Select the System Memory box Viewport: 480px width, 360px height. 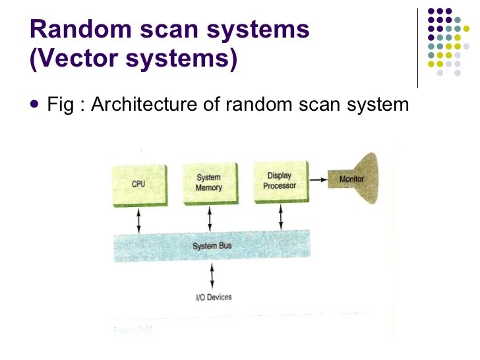(x=209, y=183)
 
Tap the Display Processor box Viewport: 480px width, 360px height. (x=280, y=181)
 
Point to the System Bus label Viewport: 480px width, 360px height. (x=212, y=246)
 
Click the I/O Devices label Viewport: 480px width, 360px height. (x=214, y=297)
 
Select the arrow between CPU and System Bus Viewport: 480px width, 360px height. (x=138, y=219)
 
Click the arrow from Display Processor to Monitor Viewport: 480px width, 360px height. (x=319, y=178)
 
